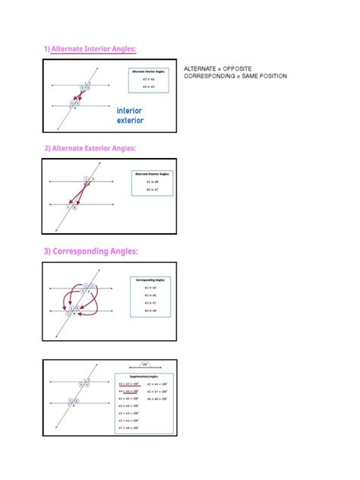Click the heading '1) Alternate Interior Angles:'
point(90,49)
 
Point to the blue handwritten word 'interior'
point(129,111)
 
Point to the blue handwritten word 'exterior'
point(130,121)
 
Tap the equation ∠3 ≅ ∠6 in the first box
point(148,79)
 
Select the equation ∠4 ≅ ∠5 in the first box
point(148,87)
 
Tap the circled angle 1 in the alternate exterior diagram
point(86,178)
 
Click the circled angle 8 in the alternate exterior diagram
point(75,207)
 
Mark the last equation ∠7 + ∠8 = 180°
point(130,427)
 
